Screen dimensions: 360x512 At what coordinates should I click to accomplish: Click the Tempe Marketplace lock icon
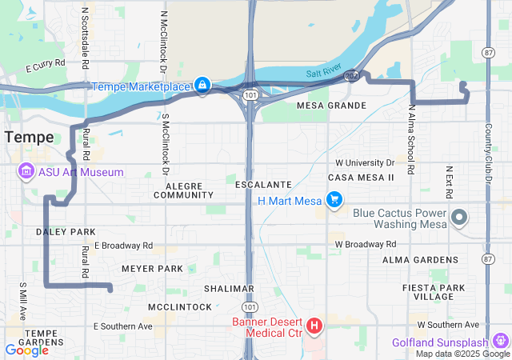(x=202, y=85)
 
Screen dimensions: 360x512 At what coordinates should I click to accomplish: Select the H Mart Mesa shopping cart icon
(x=335, y=199)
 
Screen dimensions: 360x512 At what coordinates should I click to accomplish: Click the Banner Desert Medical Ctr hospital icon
(x=314, y=326)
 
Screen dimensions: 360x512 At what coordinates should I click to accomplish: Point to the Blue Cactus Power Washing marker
(x=459, y=217)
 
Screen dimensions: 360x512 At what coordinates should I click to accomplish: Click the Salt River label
(x=323, y=72)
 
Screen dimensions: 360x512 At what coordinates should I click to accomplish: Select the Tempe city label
(x=29, y=137)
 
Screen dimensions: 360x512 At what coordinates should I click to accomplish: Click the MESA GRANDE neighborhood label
(x=331, y=106)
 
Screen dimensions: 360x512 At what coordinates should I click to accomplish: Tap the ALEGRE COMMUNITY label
(x=183, y=190)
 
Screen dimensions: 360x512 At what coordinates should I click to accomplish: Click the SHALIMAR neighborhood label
(x=229, y=288)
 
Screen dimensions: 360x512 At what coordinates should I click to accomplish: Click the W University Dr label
(x=365, y=162)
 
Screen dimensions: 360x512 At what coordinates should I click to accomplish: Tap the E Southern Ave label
(x=123, y=326)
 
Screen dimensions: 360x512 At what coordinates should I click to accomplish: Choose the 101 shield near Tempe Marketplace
(x=251, y=94)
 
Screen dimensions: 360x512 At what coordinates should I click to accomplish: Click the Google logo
(x=26, y=350)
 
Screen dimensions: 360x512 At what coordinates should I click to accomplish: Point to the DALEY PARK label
(x=66, y=232)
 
